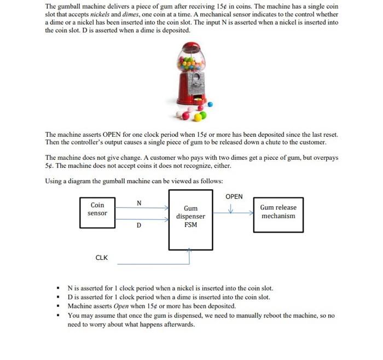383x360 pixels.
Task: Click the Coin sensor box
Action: (97, 209)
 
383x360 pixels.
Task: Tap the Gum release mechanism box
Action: (278, 212)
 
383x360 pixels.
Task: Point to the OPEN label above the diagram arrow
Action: (234, 196)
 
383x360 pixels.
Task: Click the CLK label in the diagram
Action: (101, 257)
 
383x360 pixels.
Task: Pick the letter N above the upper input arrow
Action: (139, 203)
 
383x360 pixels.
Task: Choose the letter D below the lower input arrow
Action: (139, 225)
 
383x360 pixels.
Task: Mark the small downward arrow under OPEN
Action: (231, 208)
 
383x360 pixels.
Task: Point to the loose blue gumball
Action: (210, 104)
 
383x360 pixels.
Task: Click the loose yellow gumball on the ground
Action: (195, 116)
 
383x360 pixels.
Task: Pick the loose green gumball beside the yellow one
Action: (203, 115)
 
